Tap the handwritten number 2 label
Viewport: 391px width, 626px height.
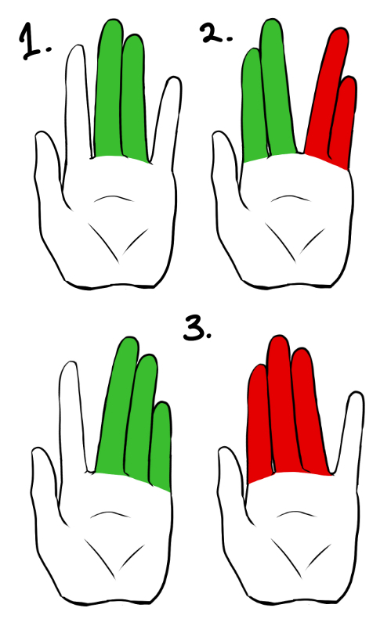point(216,33)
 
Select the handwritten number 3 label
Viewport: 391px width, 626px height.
point(197,327)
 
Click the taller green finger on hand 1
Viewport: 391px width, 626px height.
point(109,88)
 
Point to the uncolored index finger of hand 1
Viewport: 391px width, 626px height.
point(76,104)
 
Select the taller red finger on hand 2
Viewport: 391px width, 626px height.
point(326,92)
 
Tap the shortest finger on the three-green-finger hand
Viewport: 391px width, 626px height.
point(161,445)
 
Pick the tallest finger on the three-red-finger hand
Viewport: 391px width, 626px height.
point(283,403)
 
